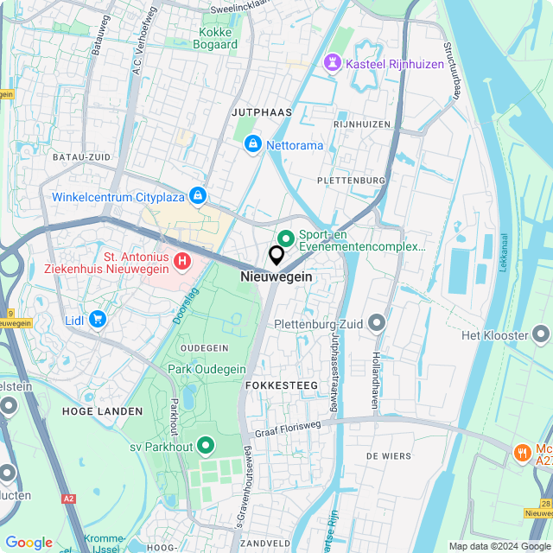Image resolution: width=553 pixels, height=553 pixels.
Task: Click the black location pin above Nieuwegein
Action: click(276, 256)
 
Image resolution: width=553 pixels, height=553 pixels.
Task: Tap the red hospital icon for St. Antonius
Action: click(182, 260)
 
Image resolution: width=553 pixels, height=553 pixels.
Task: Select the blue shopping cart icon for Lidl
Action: click(97, 320)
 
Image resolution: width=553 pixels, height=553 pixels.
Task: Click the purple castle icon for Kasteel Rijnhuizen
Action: click(331, 63)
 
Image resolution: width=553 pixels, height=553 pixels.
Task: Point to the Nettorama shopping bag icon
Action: click(253, 144)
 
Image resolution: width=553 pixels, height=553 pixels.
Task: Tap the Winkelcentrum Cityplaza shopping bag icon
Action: click(199, 197)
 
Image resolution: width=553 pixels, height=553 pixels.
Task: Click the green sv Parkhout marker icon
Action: click(206, 446)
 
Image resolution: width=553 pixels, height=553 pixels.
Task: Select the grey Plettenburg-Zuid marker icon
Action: click(376, 324)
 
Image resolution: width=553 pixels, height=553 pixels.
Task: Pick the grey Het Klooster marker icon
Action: click(541, 334)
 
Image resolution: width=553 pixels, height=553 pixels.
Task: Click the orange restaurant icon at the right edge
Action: click(522, 452)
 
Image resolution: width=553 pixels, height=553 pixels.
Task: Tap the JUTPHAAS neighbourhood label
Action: click(262, 112)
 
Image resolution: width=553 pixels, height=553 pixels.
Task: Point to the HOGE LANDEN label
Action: click(102, 411)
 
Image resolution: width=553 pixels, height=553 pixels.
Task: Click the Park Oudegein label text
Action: click(208, 370)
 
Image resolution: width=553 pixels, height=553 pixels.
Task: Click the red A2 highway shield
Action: click(69, 499)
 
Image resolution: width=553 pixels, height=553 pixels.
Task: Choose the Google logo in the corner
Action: click(29, 543)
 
